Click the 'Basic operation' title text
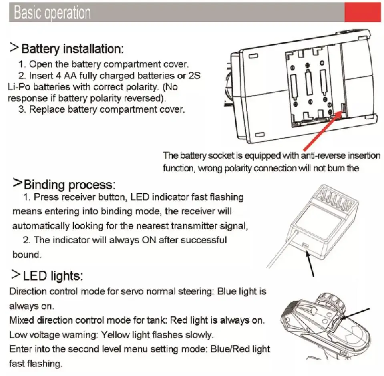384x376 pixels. coord(52,13)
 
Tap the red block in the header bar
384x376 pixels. coord(362,12)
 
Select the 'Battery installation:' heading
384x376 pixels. coord(72,49)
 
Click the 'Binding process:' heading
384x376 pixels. coord(69,185)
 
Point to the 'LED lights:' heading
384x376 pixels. coord(53,275)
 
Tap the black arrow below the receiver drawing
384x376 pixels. coord(310,264)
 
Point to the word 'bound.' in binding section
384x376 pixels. coord(26,254)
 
